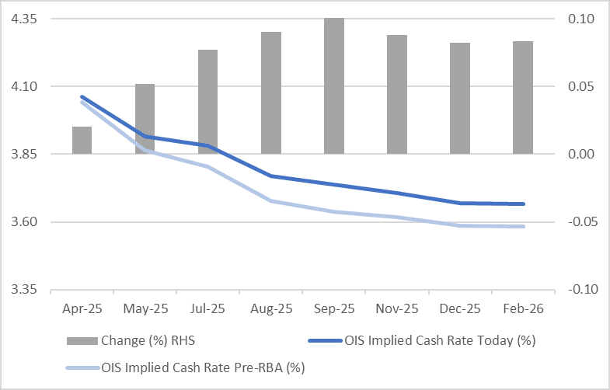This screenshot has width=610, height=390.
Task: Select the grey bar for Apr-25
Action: click(x=82, y=140)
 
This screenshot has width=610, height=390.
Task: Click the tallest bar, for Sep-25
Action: click(x=334, y=85)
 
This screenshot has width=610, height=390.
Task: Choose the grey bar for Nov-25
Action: click(x=397, y=93)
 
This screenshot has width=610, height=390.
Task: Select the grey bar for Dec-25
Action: click(x=460, y=98)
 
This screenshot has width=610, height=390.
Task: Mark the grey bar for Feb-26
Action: click(x=523, y=97)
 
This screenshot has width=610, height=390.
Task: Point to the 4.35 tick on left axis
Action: click(x=27, y=19)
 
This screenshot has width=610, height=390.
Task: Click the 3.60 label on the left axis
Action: click(x=27, y=222)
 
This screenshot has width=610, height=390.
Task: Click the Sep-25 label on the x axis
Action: click(x=334, y=308)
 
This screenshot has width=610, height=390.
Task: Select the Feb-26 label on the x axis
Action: click(x=523, y=308)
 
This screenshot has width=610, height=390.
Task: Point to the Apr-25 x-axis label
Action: click(x=82, y=308)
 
